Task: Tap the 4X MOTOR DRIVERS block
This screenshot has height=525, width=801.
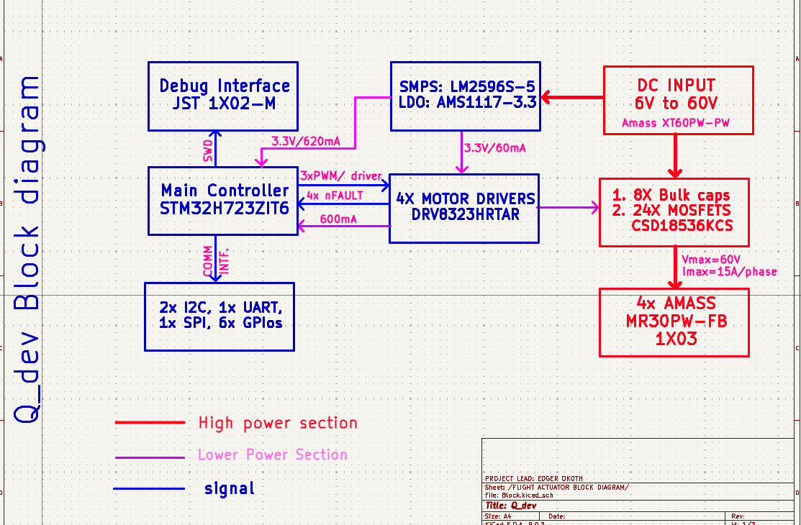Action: pos(463,207)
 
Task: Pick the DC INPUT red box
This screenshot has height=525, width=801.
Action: pos(677,100)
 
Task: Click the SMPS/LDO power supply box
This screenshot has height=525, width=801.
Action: pos(465,95)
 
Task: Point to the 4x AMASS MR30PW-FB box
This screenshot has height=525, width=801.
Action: pos(674,321)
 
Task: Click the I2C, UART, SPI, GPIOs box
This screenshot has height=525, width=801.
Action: pos(220,316)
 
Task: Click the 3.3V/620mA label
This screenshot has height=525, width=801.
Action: pos(306,141)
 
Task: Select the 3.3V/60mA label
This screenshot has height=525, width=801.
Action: pos(494,148)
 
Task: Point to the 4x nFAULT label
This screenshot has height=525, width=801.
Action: pos(335,195)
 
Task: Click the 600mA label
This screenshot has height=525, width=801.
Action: pos(338,219)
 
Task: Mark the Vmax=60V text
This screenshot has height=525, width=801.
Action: pos(710,258)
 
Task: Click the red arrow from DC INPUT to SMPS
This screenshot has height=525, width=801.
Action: pos(572,96)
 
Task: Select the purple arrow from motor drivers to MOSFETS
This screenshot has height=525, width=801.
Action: pos(569,208)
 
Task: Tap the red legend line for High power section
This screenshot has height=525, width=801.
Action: pos(150,423)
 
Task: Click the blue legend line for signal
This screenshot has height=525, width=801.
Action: pos(149,489)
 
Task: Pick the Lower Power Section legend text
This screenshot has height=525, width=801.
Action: pos(272,455)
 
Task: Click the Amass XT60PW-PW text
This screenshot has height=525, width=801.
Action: pos(676,123)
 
